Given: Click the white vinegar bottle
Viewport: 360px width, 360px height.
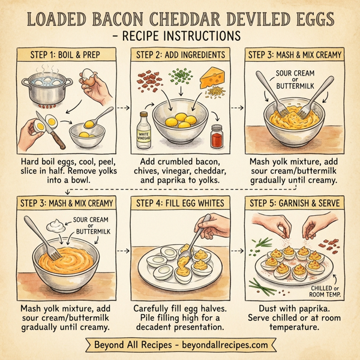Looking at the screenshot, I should pos(144,128).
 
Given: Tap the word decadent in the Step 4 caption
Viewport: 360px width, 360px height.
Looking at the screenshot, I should pos(157,328).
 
